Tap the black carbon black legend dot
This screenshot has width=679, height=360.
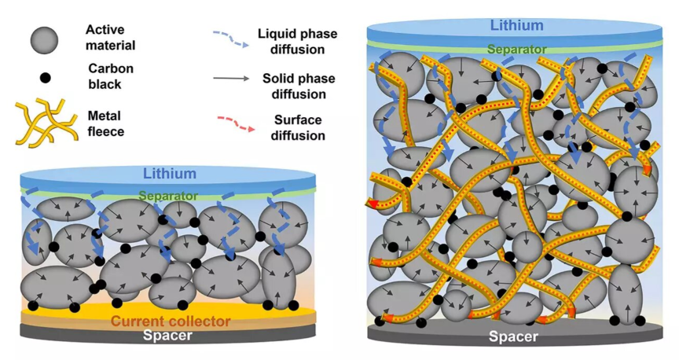(x=46, y=78)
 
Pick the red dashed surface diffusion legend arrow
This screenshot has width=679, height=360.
(x=233, y=124)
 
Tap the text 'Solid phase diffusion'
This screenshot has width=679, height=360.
(x=294, y=86)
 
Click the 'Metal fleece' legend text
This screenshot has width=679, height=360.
(x=106, y=123)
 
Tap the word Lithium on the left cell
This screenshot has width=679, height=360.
(x=169, y=174)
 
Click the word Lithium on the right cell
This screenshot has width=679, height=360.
(x=516, y=25)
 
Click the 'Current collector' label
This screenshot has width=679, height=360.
(x=171, y=321)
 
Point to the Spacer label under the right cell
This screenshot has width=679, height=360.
(x=514, y=337)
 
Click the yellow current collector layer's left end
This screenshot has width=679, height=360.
(x=28, y=316)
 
